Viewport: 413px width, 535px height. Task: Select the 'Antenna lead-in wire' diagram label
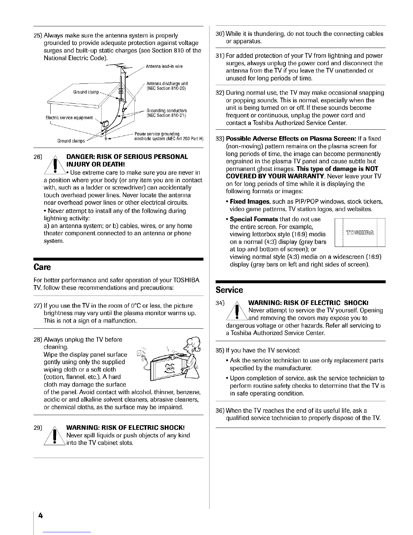pos(164,66)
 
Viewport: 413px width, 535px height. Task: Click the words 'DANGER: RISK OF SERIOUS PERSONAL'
pos(127,157)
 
